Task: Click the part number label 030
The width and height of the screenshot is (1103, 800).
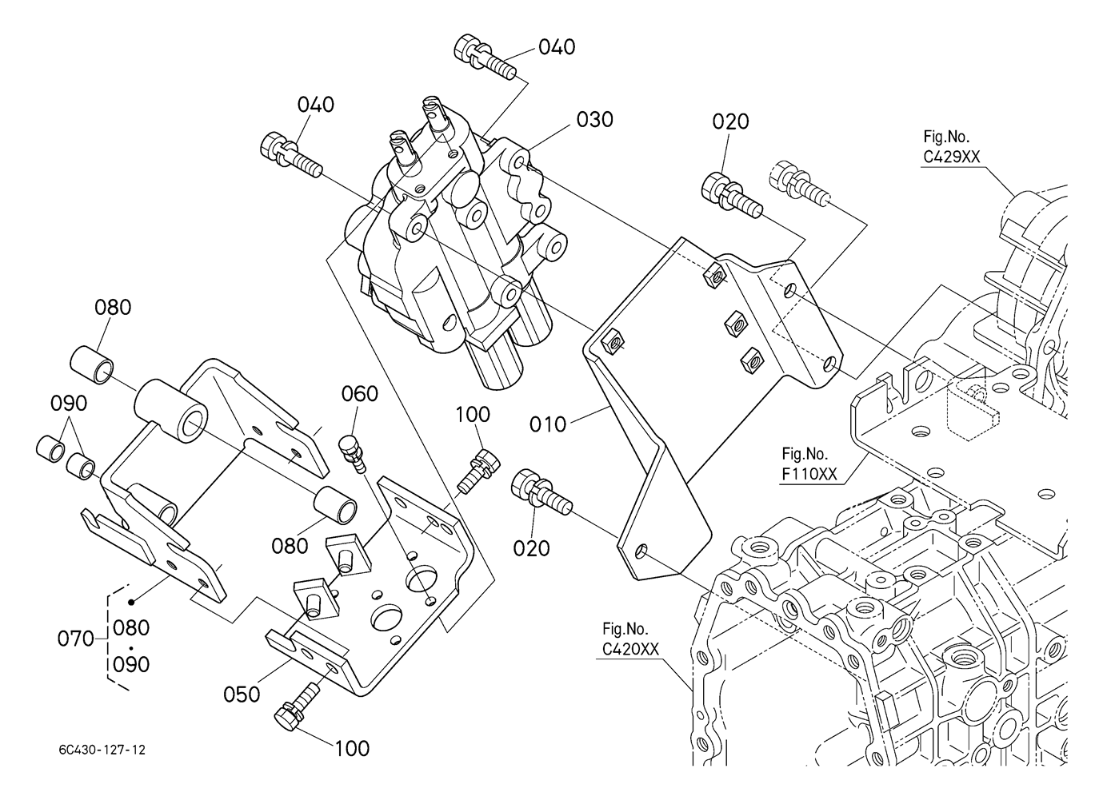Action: click(594, 120)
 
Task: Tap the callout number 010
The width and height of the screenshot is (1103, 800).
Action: click(547, 424)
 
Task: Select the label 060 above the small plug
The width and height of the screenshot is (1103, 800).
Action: click(360, 393)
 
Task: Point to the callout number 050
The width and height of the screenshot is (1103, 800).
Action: click(242, 694)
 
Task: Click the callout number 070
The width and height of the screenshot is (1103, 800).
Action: click(77, 639)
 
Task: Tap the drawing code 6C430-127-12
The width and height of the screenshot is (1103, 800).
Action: click(102, 750)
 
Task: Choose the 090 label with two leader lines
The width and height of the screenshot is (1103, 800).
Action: click(69, 404)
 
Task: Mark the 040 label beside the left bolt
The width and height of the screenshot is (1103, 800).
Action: click(316, 105)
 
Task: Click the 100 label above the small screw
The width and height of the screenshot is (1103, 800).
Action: click(473, 414)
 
